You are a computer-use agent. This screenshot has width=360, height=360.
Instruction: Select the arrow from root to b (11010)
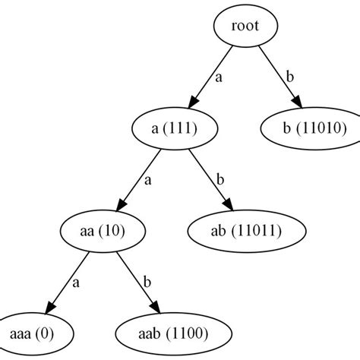click(276, 77)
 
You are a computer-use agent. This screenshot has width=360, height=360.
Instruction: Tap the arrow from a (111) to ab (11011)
click(210, 179)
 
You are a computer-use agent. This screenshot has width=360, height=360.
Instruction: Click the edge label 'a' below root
click(218, 77)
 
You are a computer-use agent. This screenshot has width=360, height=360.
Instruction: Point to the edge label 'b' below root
click(289, 77)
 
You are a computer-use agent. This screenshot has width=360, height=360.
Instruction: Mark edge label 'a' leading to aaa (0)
click(77, 282)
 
